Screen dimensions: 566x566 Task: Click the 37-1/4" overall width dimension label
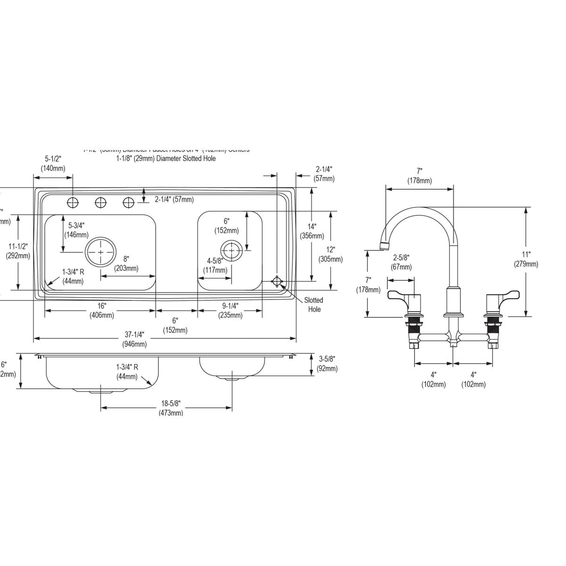(x=134, y=339)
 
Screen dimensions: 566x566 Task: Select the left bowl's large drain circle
(x=100, y=252)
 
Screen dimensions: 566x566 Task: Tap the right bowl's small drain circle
(x=231, y=250)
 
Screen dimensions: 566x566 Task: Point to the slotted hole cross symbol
(x=277, y=282)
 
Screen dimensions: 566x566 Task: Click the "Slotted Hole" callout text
(x=314, y=305)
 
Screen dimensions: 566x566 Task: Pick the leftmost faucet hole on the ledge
(x=73, y=203)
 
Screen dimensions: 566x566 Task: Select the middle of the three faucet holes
(x=100, y=203)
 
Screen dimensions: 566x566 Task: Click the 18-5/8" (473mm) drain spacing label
(x=171, y=408)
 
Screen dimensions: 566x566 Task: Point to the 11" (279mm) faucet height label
(x=526, y=259)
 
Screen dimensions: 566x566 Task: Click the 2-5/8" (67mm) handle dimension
(x=401, y=262)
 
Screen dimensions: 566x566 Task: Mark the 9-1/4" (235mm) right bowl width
(x=230, y=310)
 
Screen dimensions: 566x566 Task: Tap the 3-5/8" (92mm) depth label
(x=327, y=364)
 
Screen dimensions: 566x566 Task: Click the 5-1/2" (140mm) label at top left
(x=53, y=163)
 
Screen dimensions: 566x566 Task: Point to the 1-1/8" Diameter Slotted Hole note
(x=166, y=158)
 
